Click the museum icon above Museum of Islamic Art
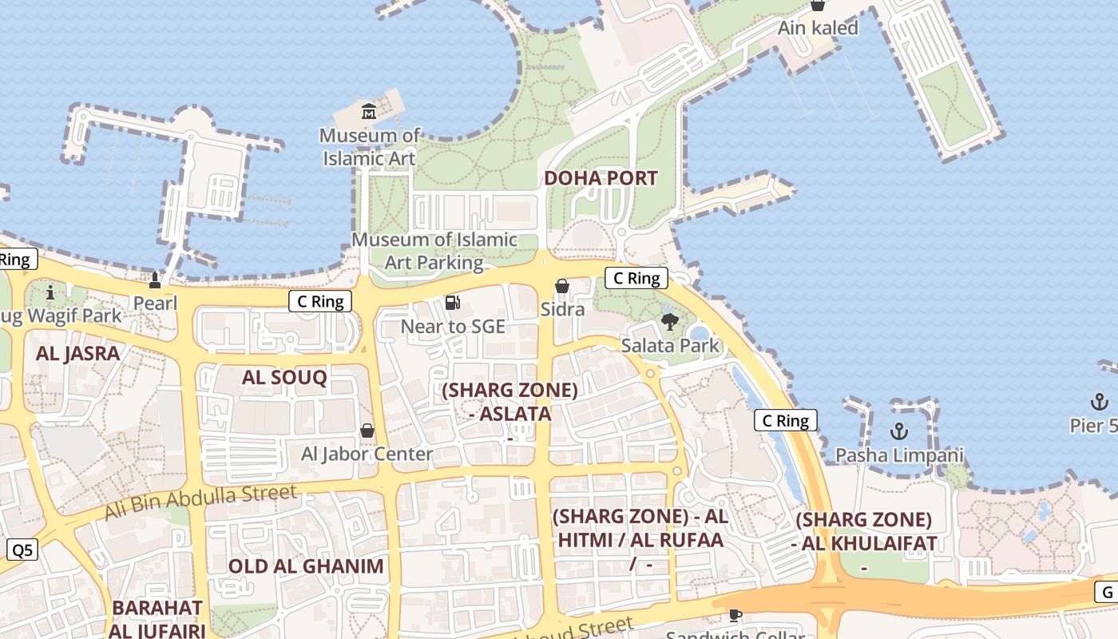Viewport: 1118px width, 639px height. point(368,112)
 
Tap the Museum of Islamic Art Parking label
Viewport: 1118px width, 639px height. point(434,251)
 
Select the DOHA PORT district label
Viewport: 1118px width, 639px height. point(601,178)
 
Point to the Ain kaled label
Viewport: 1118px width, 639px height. point(818,28)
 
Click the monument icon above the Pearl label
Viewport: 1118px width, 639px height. point(155,280)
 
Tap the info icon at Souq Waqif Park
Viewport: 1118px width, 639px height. point(50,292)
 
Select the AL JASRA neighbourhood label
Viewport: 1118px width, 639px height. point(77,353)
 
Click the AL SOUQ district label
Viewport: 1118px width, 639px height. point(284,377)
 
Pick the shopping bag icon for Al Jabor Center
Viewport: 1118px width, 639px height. point(367,431)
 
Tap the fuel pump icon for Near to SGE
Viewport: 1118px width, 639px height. point(453,303)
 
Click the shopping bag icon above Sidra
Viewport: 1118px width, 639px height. point(562,286)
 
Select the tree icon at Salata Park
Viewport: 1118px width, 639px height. point(669,322)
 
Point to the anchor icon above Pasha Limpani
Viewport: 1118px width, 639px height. point(899,432)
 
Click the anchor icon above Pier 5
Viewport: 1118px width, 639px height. point(1099,402)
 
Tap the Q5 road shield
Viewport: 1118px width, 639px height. point(22,550)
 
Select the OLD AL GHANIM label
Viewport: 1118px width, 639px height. point(306,566)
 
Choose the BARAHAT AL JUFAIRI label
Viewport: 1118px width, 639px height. point(157,618)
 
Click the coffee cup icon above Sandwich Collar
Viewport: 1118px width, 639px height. point(735,615)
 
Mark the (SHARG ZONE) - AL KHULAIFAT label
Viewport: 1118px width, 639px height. point(864,532)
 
